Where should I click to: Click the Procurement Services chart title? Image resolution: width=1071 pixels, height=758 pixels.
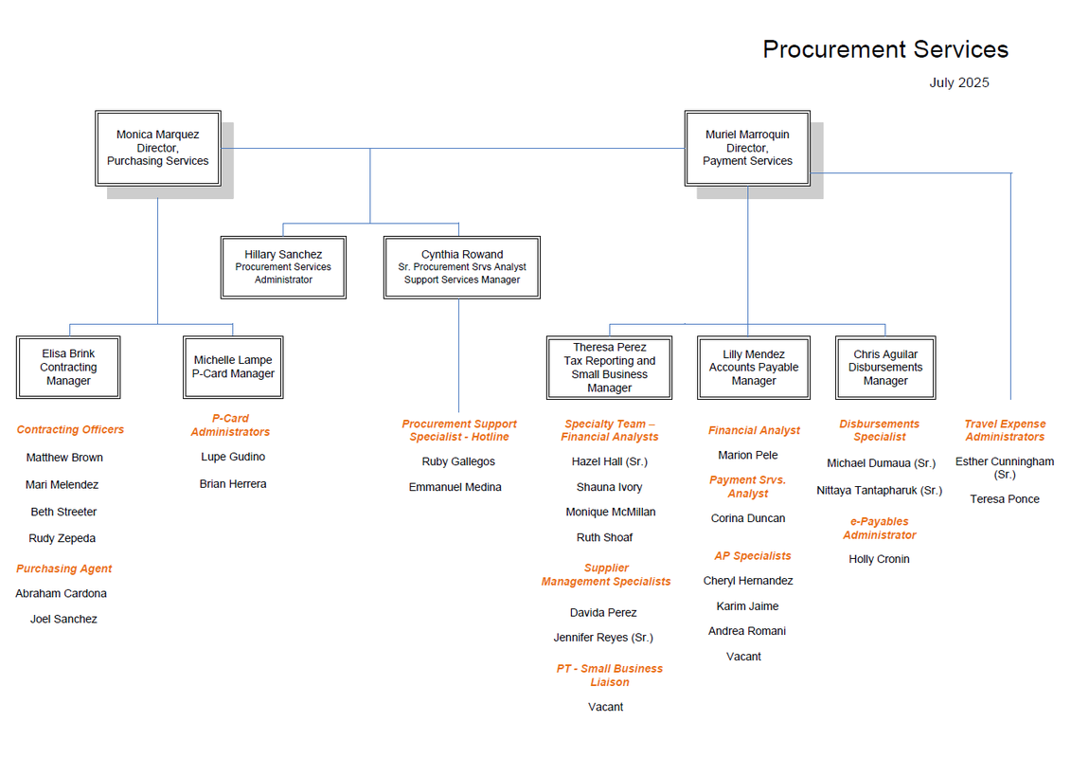(885, 49)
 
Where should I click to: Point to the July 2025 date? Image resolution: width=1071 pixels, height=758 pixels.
(959, 82)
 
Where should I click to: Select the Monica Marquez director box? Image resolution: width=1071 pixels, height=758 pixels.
(158, 149)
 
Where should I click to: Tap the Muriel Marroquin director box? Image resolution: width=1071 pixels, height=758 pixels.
(747, 149)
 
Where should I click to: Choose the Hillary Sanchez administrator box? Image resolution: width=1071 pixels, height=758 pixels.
(283, 267)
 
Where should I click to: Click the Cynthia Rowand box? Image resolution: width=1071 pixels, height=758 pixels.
(462, 267)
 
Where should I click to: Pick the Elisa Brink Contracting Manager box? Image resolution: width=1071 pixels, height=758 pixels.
(68, 367)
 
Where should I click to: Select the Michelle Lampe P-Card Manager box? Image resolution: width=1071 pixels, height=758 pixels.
(233, 367)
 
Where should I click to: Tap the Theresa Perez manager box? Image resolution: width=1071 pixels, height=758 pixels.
(609, 368)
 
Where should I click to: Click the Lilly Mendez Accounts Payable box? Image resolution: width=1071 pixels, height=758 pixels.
(754, 368)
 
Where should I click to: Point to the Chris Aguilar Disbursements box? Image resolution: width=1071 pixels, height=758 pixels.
(885, 368)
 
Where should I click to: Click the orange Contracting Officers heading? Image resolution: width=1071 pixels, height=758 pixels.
(70, 430)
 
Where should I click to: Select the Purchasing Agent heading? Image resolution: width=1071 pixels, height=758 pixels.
(64, 568)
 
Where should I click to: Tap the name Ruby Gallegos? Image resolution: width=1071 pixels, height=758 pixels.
(458, 462)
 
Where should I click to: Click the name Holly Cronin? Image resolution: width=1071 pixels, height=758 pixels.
(879, 559)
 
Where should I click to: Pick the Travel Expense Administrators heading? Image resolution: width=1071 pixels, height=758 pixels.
(1005, 430)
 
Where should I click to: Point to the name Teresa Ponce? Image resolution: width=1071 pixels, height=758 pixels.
(1005, 499)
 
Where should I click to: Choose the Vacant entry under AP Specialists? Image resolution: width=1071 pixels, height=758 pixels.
(743, 657)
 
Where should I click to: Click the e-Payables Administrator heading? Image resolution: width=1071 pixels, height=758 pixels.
(879, 529)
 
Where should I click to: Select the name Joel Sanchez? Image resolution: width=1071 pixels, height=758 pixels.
(63, 620)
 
